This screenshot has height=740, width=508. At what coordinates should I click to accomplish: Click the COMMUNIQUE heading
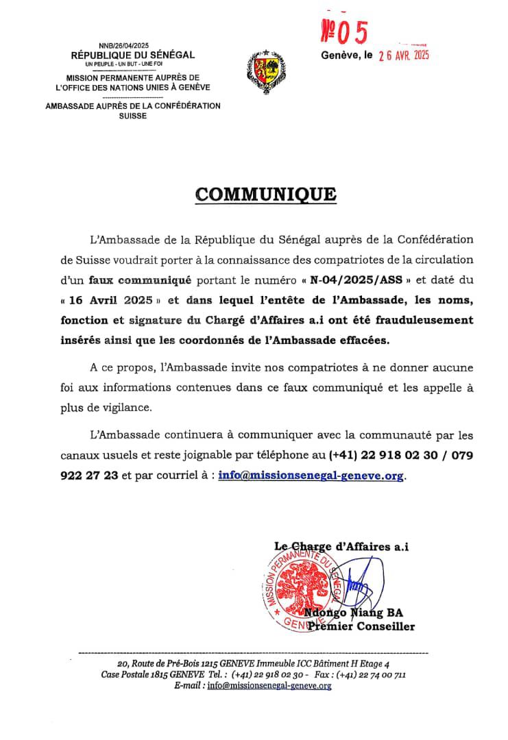(x=265, y=194)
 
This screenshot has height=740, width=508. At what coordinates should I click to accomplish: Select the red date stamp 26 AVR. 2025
(x=404, y=57)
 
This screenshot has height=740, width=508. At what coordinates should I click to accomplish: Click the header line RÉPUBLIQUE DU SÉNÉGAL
(x=133, y=55)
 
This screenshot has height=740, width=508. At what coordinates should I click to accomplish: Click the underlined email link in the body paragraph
(x=311, y=476)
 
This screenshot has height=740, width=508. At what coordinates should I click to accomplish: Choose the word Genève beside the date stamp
(x=339, y=56)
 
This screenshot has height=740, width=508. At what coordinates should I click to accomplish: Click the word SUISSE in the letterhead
(x=132, y=116)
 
